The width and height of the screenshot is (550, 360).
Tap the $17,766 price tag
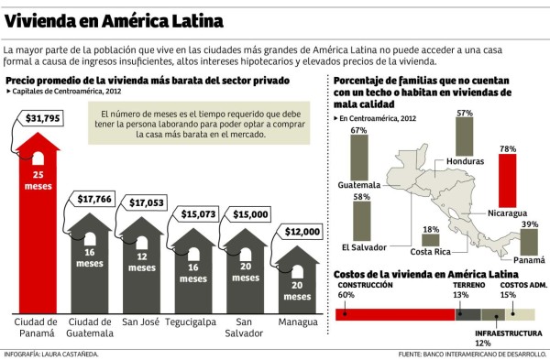click(94, 200)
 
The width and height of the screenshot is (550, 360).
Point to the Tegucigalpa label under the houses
click(194, 322)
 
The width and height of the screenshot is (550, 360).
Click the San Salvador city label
click(245, 328)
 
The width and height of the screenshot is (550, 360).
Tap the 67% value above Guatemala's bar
click(358, 131)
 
